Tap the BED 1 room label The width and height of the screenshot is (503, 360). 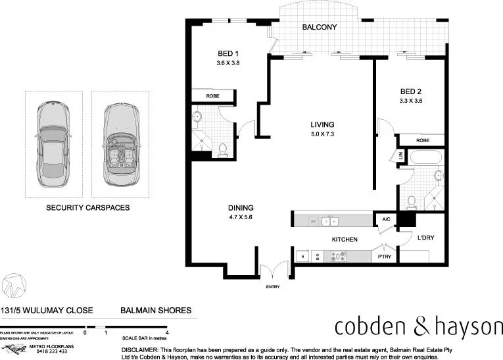pos(228,54)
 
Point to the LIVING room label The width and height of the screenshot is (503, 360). pos(323,124)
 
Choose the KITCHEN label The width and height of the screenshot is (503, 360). pos(344,240)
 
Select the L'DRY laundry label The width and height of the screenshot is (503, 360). pos(427,239)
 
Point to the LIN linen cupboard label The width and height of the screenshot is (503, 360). pos(400,156)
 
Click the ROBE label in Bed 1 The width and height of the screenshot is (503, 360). pos(212,96)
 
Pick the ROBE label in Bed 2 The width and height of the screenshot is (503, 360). pos(423,140)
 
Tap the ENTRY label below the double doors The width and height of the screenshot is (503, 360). pos(273,288)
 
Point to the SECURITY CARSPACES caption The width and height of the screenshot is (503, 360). pos(87,207)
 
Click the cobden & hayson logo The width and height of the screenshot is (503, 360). pos(418,326)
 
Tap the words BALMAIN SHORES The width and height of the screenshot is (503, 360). pos(156,310)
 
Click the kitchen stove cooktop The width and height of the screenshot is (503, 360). pos(341,257)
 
